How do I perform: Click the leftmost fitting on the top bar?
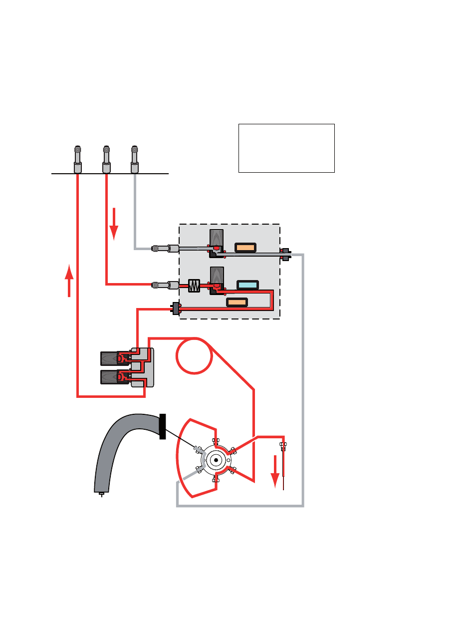click(x=78, y=159)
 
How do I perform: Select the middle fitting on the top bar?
click(x=106, y=159)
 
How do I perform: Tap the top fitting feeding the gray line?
click(x=134, y=159)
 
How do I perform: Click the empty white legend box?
click(x=286, y=148)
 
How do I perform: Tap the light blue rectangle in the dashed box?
click(x=247, y=285)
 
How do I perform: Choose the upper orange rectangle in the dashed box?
click(x=245, y=248)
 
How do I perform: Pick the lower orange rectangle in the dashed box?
click(x=237, y=302)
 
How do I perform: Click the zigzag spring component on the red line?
click(x=194, y=286)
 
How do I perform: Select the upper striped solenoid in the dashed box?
click(x=216, y=238)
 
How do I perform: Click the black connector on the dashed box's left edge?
click(x=176, y=309)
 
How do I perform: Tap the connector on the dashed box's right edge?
click(x=285, y=254)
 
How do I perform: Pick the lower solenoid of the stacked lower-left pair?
click(x=109, y=377)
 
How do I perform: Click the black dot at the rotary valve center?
click(x=217, y=460)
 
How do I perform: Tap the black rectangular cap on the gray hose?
click(x=162, y=427)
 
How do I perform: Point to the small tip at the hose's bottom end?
click(x=101, y=494)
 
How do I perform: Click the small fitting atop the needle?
click(x=283, y=445)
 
